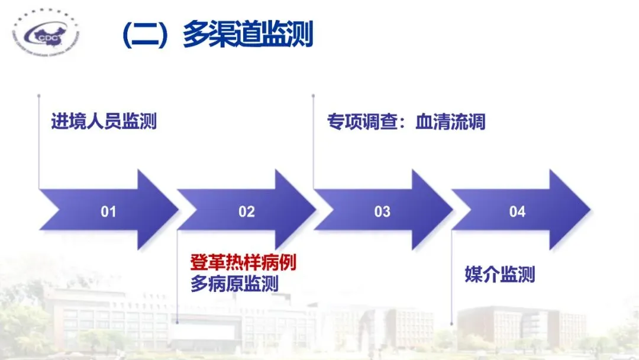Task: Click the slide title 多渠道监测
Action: [x=247, y=35]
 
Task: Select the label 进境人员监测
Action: [x=104, y=122]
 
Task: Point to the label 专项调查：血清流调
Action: [x=406, y=122]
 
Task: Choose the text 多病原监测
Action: [x=234, y=284]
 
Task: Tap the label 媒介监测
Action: [x=500, y=275]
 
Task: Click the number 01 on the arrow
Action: [x=108, y=211]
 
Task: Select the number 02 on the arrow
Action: [x=246, y=211]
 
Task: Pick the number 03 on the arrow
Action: [x=382, y=211]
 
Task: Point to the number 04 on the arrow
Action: [x=517, y=211]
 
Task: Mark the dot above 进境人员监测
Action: [x=39, y=94]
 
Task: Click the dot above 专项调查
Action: [x=314, y=94]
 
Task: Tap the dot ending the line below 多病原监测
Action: [x=177, y=322]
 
